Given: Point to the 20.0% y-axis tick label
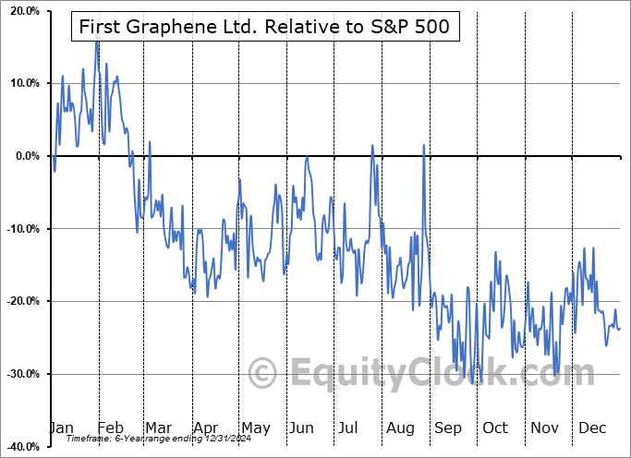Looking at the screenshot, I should point(21,11).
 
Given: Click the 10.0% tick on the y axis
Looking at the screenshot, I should point(21,83).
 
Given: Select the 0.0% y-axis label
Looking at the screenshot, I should point(24,156).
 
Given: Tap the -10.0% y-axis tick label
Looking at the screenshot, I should point(19,229).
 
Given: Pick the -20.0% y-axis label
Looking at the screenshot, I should point(19,301).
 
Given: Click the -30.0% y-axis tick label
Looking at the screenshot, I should point(19,374).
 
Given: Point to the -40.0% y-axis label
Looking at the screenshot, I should point(19,447).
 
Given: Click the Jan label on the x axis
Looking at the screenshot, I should point(60,428).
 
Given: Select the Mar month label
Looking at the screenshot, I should point(159,428).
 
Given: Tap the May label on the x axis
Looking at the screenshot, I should point(255,428).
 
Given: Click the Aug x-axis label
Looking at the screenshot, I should point(400,428).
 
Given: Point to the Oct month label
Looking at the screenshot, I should point(495,428).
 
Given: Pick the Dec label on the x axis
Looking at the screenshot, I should point(592,428).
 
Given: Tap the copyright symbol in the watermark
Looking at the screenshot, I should point(263,374).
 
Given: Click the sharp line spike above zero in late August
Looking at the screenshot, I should point(424,145).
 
